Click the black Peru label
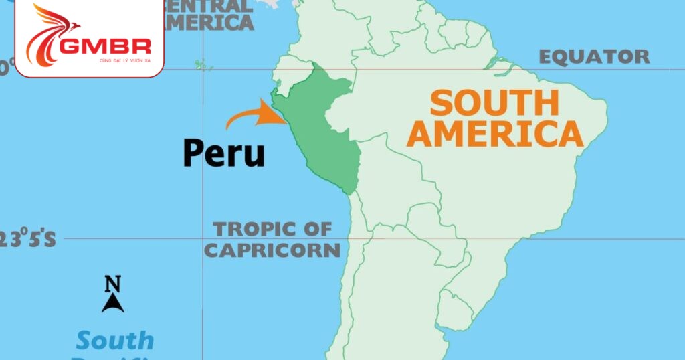pos(224,153)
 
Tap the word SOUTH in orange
pos(494,104)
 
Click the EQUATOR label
pos(594,57)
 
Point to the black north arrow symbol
pos(112,303)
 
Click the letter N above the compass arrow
pos(112,284)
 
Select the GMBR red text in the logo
pos(104,46)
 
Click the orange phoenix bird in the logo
pos(50,33)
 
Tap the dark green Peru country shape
pos(320,127)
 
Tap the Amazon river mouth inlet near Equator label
pos(498,64)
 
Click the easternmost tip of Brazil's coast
pos(606,107)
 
